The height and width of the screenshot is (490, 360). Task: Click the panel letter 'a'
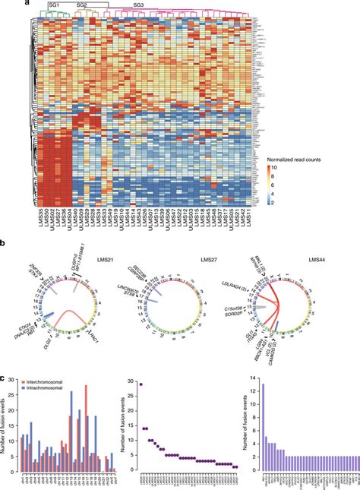click(x=27, y=3)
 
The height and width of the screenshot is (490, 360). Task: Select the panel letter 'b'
click(x=27, y=246)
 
